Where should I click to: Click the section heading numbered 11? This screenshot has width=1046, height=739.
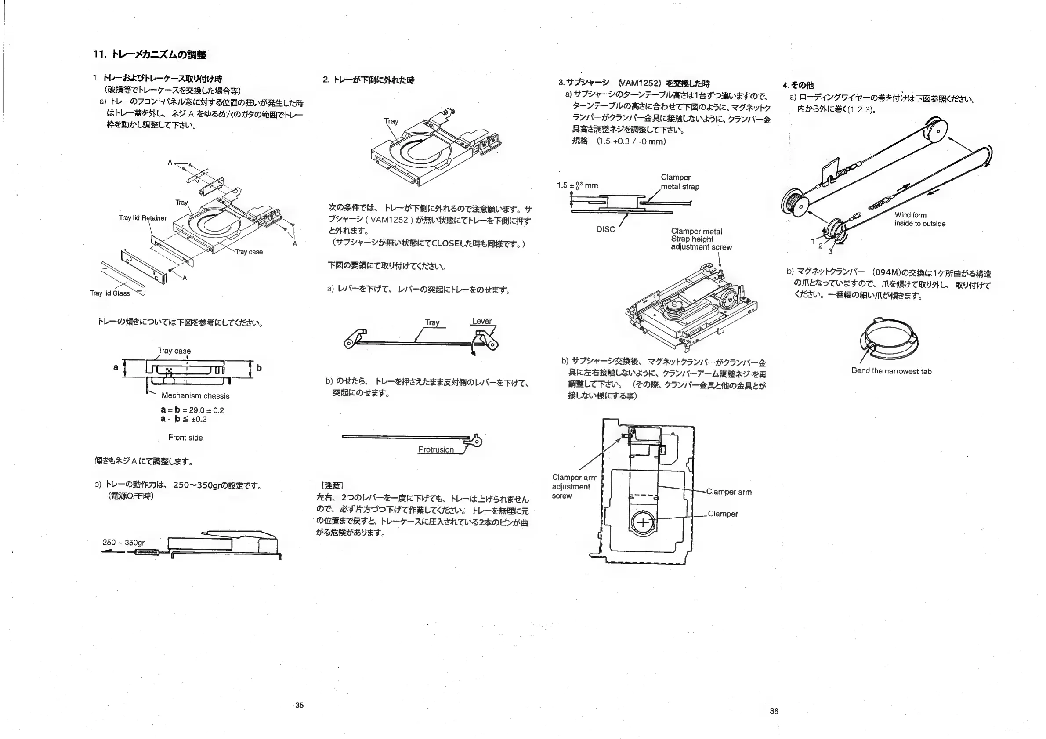pos(149,54)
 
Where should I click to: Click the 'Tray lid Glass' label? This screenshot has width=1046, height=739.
pos(110,293)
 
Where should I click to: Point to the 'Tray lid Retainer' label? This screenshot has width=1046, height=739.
pos(143,218)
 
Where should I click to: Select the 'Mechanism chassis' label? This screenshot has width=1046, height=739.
pos(195,396)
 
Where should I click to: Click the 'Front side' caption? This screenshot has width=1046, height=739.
pos(185,438)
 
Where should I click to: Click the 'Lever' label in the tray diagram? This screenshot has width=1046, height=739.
pos(481,321)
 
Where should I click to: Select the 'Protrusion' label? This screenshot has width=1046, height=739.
pos(436,450)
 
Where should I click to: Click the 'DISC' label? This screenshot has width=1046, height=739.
pos(605,229)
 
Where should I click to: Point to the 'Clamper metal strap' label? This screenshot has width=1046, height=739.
pos(680,182)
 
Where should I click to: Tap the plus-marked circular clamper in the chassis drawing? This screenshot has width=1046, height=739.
pos(643,522)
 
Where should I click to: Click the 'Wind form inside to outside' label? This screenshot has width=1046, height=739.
pos(919,219)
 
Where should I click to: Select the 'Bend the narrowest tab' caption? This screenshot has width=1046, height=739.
pos(891,371)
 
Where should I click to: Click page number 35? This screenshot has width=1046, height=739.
pos(299,705)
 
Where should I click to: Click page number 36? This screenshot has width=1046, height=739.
pos(774,711)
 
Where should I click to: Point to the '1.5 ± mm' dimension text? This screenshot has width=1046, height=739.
pos(577,185)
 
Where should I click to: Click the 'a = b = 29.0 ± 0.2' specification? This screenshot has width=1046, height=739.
pos(192,410)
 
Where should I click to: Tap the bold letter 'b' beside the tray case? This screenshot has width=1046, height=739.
pos(259,368)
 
